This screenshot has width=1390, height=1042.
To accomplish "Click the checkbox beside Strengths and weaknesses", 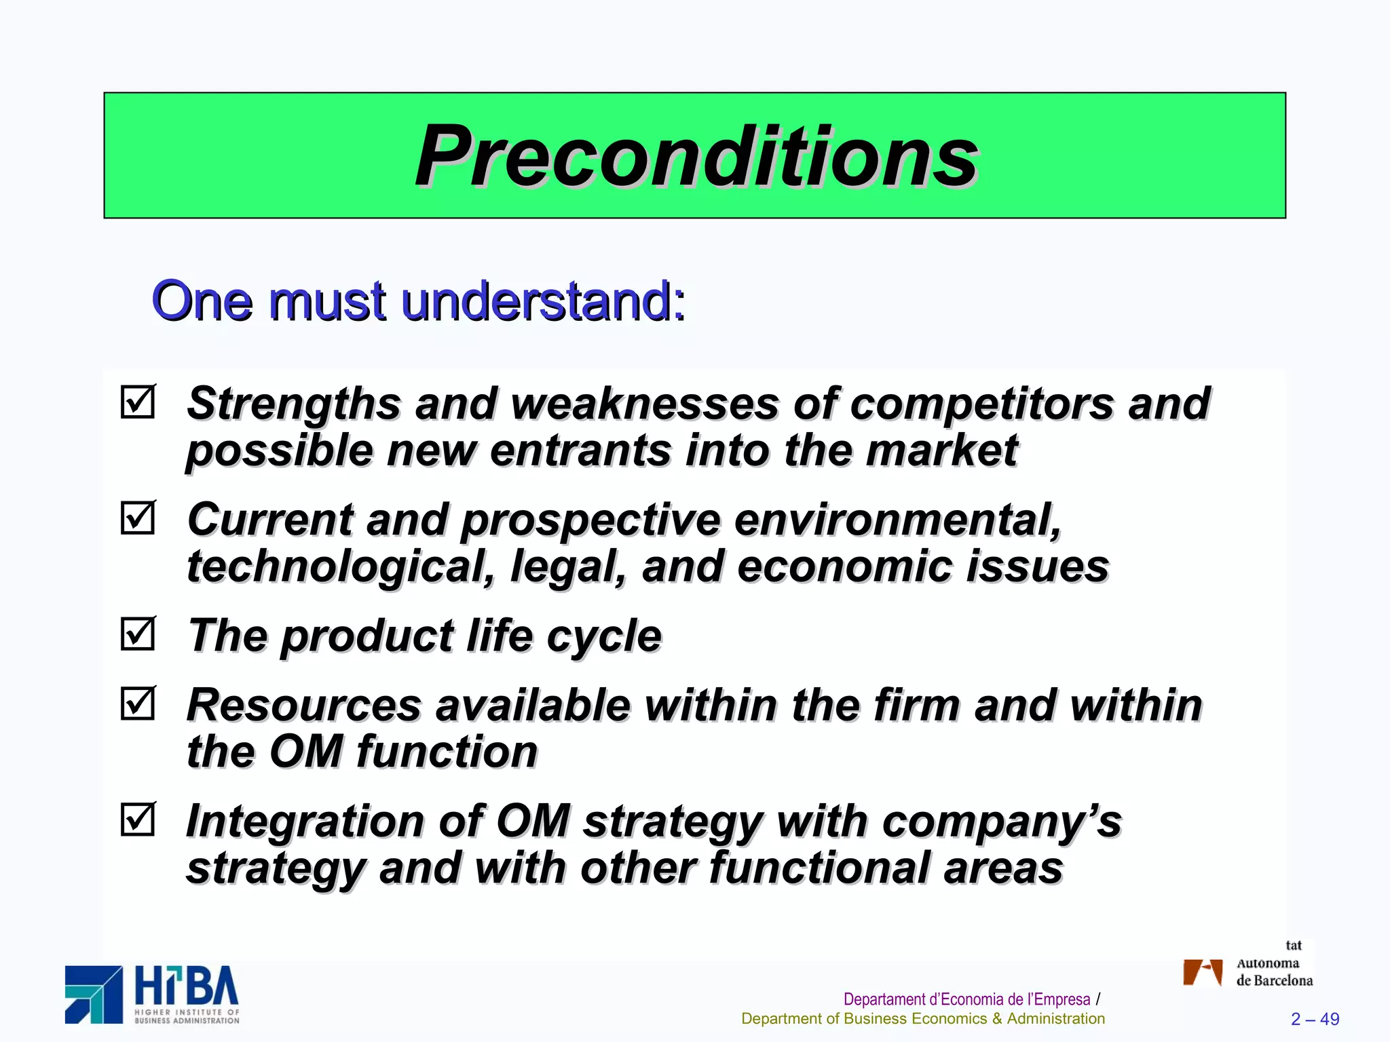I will pos(138,402).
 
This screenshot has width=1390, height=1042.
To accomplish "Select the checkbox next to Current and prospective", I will pos(138,518).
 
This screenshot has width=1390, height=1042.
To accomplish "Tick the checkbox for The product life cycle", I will pos(138,634).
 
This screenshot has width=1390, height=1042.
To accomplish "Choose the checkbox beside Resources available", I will pos(138,703).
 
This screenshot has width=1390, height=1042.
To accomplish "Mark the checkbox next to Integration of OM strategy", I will pos(138,819).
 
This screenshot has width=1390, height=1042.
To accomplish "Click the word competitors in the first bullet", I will pos(981,404).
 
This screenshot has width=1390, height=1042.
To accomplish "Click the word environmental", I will pos(897,520).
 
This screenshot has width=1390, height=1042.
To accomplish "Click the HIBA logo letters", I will pos(187,987).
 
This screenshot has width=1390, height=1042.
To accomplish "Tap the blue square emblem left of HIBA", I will pos(94,994).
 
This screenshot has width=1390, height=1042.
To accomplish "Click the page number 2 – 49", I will pos(1315,1019).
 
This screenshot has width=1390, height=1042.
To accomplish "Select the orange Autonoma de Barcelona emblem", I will pos(1202,971).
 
